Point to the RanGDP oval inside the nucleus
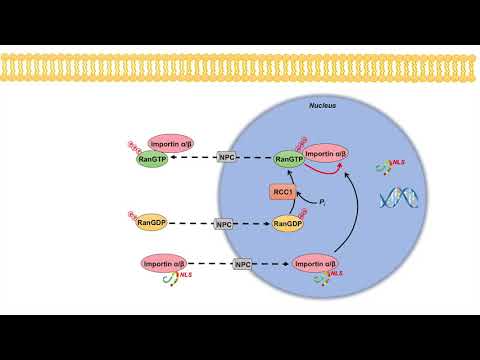[287, 224]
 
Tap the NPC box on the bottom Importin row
[241, 264]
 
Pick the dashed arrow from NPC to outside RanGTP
[194, 158]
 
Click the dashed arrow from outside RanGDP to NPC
[192, 224]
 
